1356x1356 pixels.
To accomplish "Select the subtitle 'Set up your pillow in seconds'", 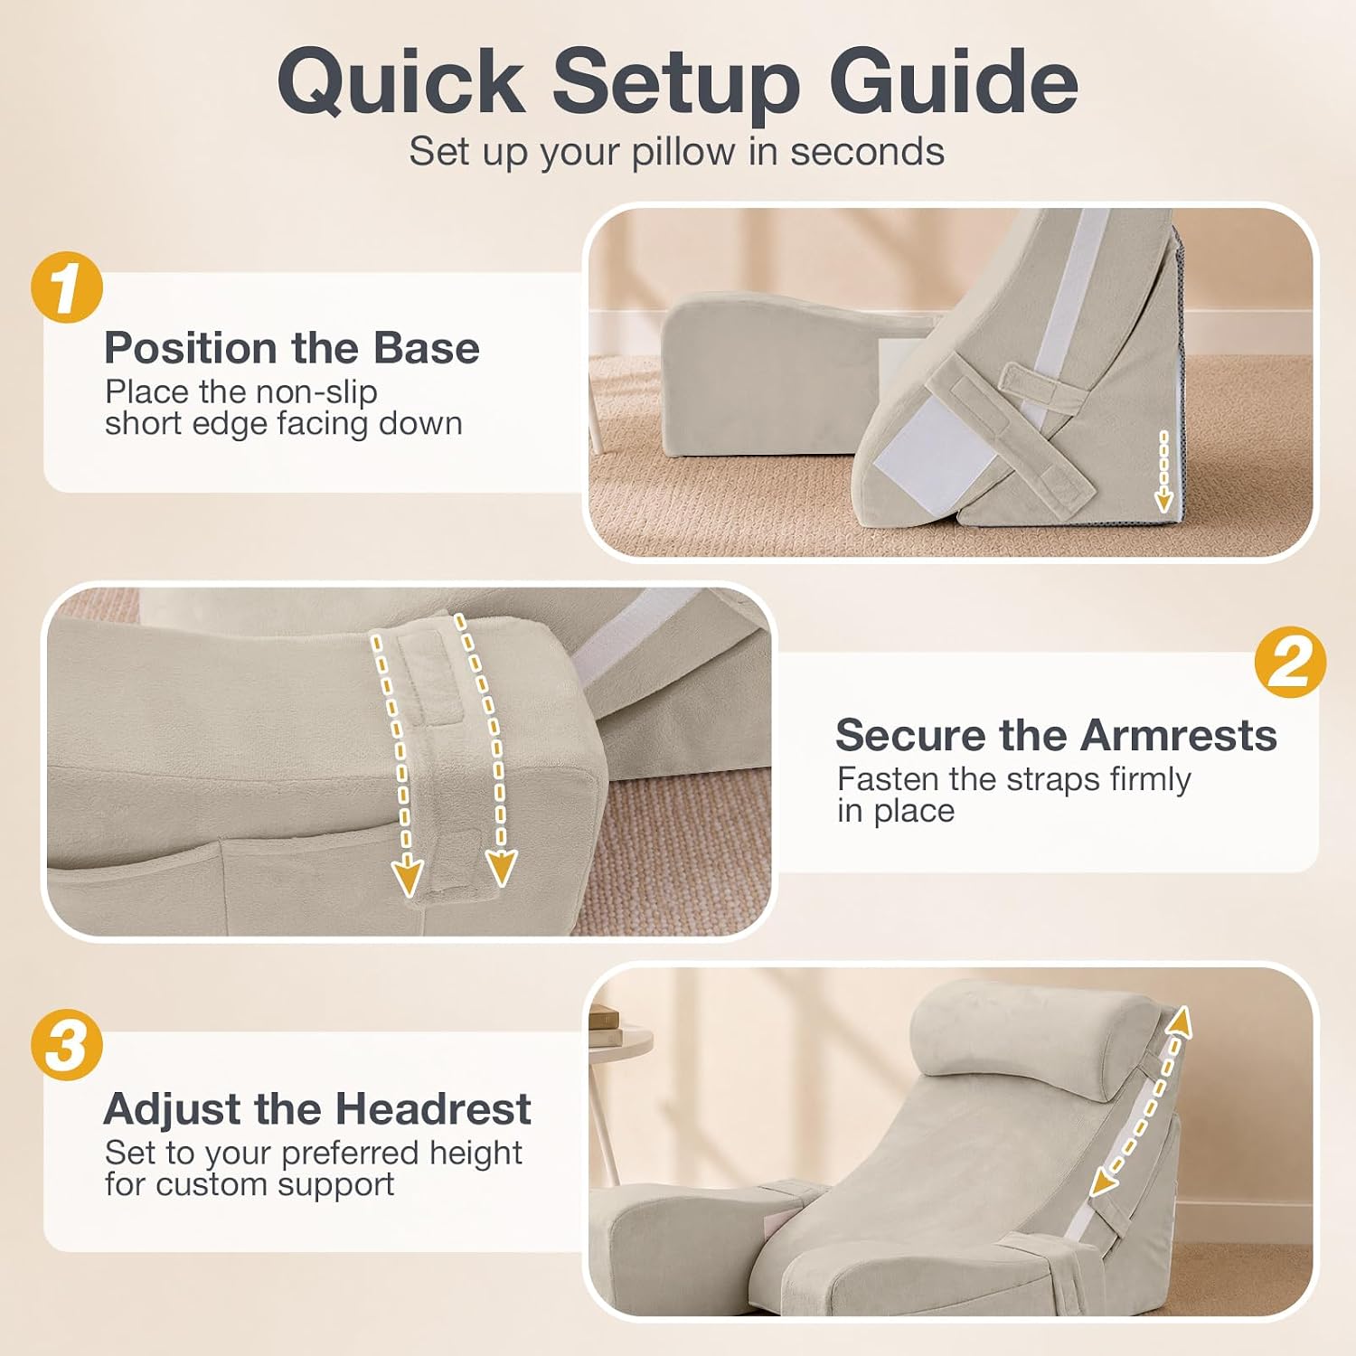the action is pos(676,151).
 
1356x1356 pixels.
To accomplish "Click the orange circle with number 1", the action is pos(67,287).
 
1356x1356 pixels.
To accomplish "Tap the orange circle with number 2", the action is pos(1290,663).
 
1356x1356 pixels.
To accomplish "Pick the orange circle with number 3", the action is pos(67,1045).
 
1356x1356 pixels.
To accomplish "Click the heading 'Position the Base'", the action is pos(292,348).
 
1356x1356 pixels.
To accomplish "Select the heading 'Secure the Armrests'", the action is pos(1056,735).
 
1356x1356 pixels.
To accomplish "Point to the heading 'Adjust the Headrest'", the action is pos(317,1109).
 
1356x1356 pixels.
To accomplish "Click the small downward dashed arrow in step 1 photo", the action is pos(1163,471).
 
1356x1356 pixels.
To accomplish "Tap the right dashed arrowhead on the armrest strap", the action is pos(501,867).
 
